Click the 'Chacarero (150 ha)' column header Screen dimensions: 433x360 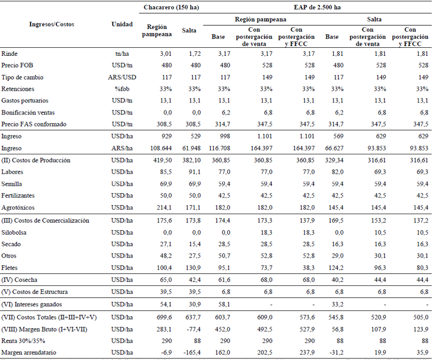point(171,7)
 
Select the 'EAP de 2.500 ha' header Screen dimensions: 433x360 point(317,7)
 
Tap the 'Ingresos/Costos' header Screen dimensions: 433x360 point(52,24)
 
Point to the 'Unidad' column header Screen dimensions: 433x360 point(122,24)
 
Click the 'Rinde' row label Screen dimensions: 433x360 point(9,54)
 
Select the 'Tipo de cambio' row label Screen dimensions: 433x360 point(22,77)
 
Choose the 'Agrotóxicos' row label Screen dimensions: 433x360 point(18,207)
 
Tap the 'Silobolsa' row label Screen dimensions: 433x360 point(14,232)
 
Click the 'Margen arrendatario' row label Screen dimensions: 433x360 point(28,353)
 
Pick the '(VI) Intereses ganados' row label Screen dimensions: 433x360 point(31,304)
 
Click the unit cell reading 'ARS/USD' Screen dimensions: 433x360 point(122,77)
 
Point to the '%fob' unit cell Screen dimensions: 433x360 point(122,89)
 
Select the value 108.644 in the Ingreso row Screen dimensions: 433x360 point(161,148)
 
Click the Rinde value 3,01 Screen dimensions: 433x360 point(166,54)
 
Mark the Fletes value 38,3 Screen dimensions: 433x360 point(308,268)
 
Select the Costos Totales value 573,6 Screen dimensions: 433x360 point(307,317)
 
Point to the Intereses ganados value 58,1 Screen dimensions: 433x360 point(223,304)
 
